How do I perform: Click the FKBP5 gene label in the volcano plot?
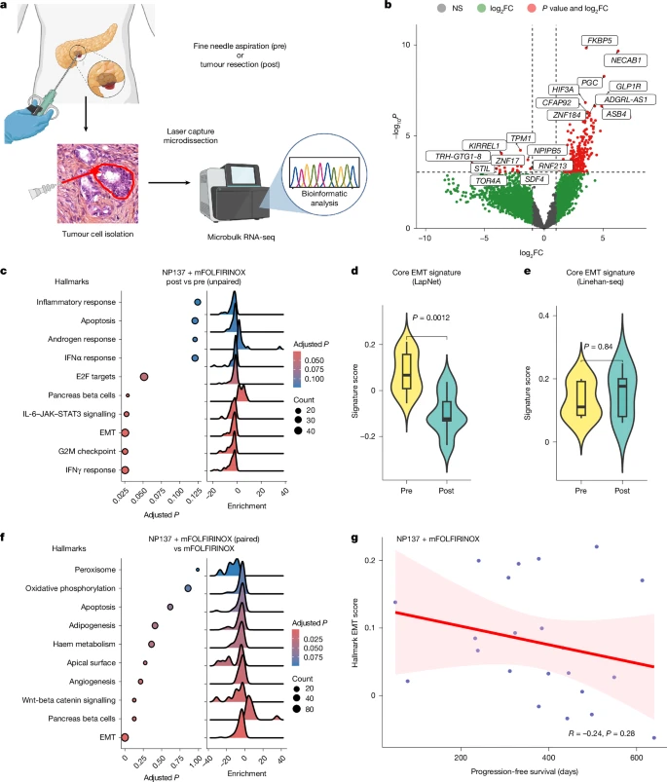tap(600, 40)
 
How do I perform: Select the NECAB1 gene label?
tap(626, 60)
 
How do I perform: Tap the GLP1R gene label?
tap(628, 87)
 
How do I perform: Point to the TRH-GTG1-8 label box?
tap(458, 157)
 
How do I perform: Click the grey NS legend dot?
tap(441, 9)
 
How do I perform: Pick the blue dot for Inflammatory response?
tap(198, 302)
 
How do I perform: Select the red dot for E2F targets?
tap(144, 377)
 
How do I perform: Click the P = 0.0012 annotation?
tap(431, 317)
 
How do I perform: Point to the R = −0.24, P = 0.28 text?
tap(602, 733)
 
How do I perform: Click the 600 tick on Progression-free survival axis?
tap(636, 758)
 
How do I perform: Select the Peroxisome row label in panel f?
tap(94, 570)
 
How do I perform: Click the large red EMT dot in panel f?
tap(125, 737)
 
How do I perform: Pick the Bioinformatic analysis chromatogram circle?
tap(324, 174)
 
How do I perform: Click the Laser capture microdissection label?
tap(191, 136)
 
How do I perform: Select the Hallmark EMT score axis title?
tap(355, 633)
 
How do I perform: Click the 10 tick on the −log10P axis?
tap(406, 45)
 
